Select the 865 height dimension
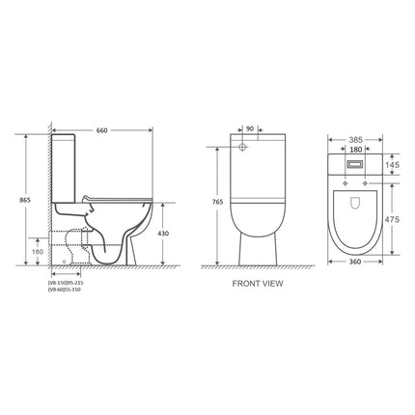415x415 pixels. (12, 200)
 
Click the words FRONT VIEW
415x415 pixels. (256, 287)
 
